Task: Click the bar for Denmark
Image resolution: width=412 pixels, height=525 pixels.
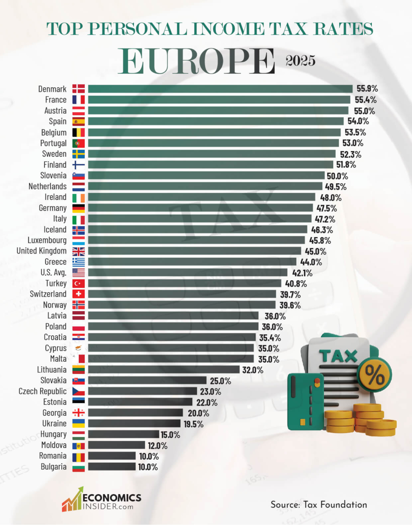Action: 220,89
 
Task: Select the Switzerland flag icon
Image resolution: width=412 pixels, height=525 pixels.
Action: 78,294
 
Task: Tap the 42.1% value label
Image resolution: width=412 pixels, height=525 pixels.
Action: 302,273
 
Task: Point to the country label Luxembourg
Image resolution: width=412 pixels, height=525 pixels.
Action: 47,240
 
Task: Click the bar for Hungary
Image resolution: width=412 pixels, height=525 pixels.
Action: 123,434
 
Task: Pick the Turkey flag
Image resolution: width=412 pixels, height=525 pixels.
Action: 78,283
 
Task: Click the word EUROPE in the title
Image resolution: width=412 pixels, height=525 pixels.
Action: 196,62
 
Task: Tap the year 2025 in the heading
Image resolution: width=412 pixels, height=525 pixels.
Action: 300,61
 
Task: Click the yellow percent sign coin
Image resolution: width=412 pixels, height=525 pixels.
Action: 374,373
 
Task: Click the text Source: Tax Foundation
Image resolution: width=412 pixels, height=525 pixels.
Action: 318,505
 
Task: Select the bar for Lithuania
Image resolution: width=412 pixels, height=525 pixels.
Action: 163,370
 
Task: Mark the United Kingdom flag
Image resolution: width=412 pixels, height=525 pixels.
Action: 78,251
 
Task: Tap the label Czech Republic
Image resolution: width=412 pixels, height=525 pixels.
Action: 42,391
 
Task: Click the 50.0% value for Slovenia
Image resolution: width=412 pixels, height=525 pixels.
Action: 337,176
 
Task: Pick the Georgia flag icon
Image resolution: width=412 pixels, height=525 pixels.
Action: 78,413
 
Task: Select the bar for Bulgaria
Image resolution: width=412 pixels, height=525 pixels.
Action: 112,467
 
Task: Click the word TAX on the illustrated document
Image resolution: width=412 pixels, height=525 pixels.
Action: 338,356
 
